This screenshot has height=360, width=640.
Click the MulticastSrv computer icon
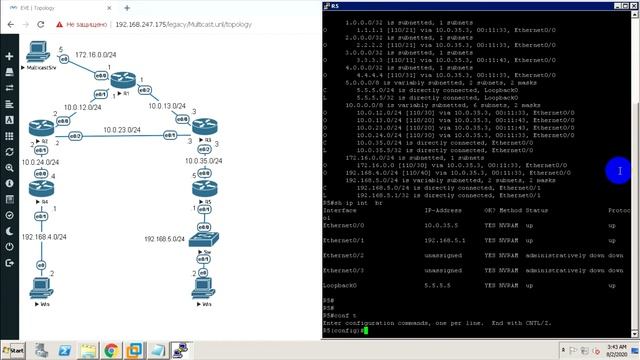(x=38, y=51)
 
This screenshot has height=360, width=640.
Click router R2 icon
(x=41, y=127)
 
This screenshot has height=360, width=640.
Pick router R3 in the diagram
(x=205, y=127)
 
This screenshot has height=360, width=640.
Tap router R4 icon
(x=41, y=187)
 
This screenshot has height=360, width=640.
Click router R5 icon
(x=205, y=187)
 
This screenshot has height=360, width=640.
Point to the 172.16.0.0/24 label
(x=95, y=56)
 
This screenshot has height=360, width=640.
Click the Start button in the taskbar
(x=14, y=351)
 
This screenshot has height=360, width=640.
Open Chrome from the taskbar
(x=110, y=351)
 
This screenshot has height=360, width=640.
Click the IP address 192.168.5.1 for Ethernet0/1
(x=441, y=240)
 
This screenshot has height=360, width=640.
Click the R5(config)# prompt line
(x=343, y=330)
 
